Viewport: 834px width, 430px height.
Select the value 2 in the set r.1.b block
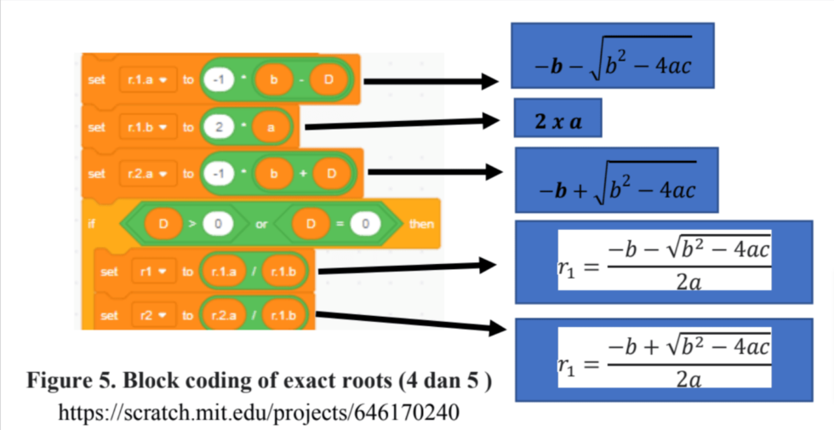220,127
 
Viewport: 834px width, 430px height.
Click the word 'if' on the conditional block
92,224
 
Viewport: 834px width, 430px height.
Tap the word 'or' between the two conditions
262,224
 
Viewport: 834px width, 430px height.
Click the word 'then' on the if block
421,224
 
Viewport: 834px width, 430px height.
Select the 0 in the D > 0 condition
218,224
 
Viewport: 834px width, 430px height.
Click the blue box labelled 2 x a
557,121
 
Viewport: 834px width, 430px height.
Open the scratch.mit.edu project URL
259,413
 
